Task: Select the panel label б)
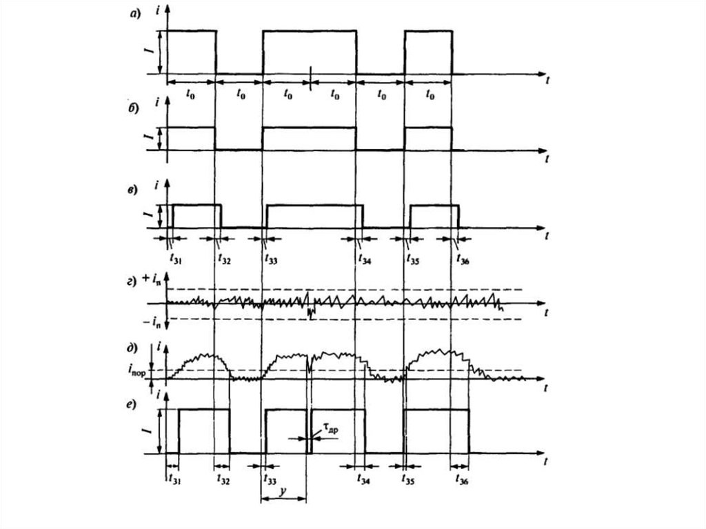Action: pyautogui.click(x=135, y=109)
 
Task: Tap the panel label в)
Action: pyautogui.click(x=135, y=188)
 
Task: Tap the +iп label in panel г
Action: pyautogui.click(x=152, y=280)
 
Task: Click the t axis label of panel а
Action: pyautogui.click(x=546, y=81)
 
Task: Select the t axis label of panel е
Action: pyautogui.click(x=546, y=461)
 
